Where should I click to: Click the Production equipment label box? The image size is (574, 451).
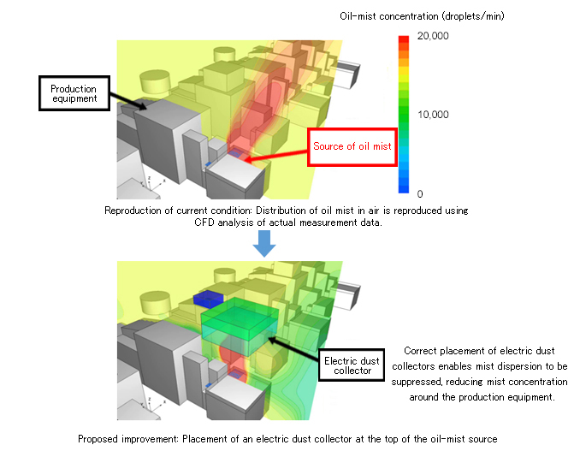(x=74, y=92)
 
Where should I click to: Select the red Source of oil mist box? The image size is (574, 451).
(x=352, y=146)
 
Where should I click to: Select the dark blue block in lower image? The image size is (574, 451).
(x=207, y=298)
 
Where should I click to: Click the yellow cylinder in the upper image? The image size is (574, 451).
(x=156, y=81)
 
